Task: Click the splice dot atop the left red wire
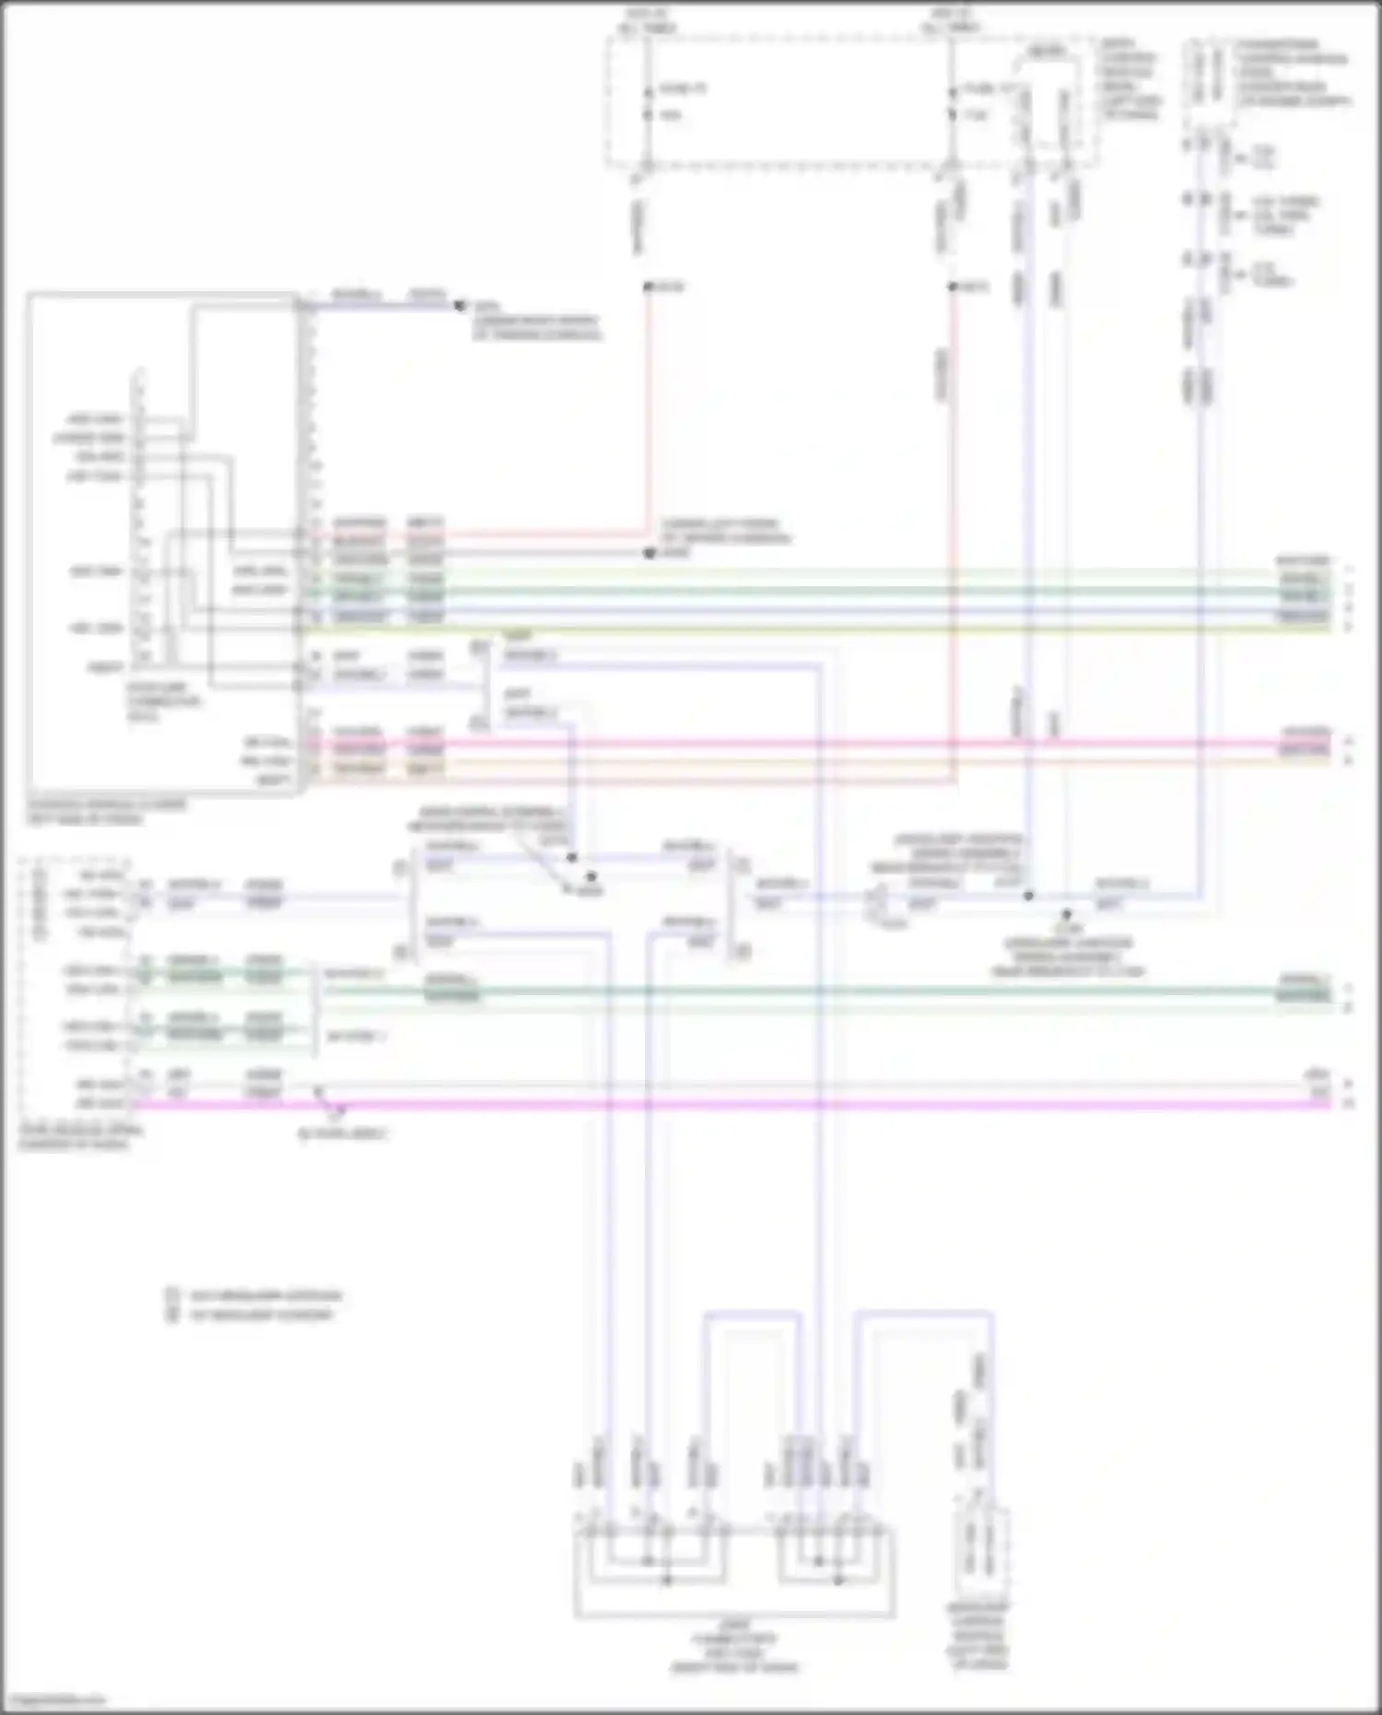pyautogui.click(x=649, y=288)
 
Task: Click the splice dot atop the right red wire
pyautogui.click(x=954, y=288)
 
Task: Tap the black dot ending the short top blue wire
pyautogui.click(x=461, y=306)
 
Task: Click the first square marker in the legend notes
pyautogui.click(x=171, y=1295)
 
